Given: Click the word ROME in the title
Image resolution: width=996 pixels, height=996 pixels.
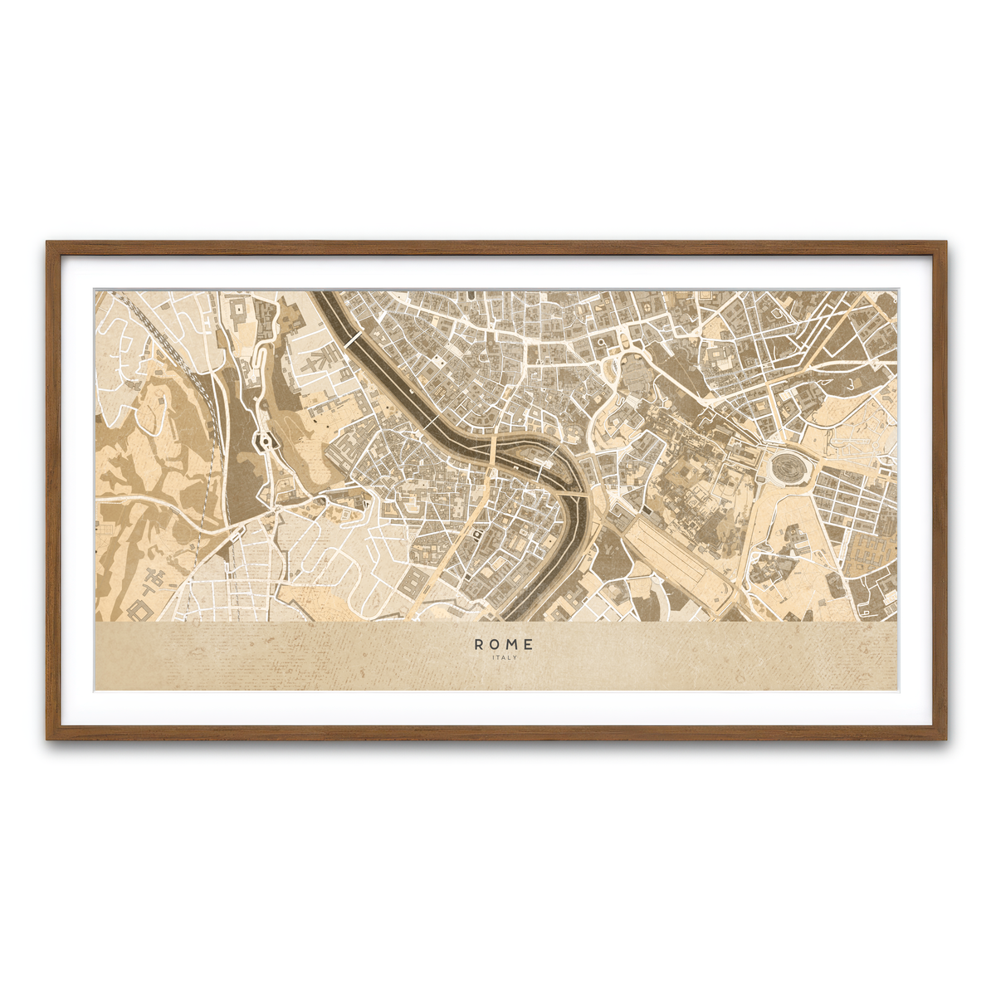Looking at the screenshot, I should (504, 644).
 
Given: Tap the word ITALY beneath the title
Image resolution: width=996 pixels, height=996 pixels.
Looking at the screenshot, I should (504, 657).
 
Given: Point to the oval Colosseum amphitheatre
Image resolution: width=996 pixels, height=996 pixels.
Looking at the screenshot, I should (785, 467).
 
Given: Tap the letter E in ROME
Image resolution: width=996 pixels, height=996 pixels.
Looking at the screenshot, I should (530, 644).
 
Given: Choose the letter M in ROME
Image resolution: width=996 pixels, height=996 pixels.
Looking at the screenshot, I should (513, 644).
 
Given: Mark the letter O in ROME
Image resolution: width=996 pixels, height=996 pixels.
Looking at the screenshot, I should (496, 644).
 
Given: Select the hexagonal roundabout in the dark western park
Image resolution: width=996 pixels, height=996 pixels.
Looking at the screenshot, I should (266, 441).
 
